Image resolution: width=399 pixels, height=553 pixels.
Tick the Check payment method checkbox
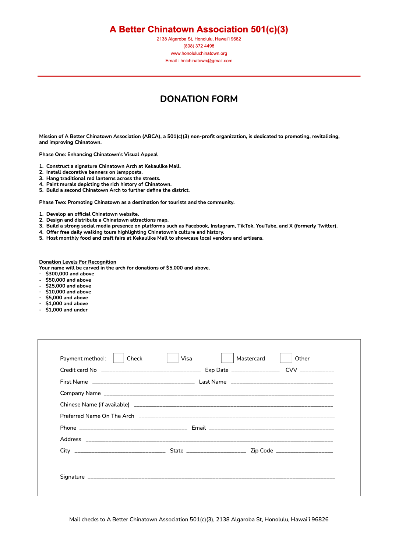coord(119,358)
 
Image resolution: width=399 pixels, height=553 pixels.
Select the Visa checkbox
coord(172,358)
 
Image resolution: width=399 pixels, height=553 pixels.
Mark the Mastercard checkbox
coord(227,358)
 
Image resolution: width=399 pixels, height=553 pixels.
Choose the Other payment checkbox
coord(286,358)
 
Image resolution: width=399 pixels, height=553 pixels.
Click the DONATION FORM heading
coord(199,99)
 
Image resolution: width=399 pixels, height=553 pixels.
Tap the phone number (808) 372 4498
coord(199,46)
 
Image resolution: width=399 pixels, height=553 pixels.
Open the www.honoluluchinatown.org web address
coord(199,53)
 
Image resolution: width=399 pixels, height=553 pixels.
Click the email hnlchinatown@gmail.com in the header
coord(206,61)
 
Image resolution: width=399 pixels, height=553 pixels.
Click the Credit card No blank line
coord(151,370)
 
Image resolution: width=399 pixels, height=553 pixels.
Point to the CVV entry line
coord(317,370)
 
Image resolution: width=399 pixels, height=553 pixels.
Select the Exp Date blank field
coord(255,370)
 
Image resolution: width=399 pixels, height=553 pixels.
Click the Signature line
coord(211,477)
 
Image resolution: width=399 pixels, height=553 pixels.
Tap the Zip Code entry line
coord(304,451)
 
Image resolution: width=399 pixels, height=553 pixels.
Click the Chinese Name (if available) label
coord(95,405)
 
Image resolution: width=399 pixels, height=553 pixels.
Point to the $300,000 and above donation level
coord(70,274)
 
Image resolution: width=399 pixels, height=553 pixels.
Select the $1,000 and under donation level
coord(67,310)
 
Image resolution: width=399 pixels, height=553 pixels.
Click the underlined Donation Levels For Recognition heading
coord(78,262)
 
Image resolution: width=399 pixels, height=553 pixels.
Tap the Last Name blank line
coord(282,382)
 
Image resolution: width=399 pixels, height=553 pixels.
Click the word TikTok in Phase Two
coord(245,226)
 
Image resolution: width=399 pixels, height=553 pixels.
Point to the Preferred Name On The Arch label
coord(97,416)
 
